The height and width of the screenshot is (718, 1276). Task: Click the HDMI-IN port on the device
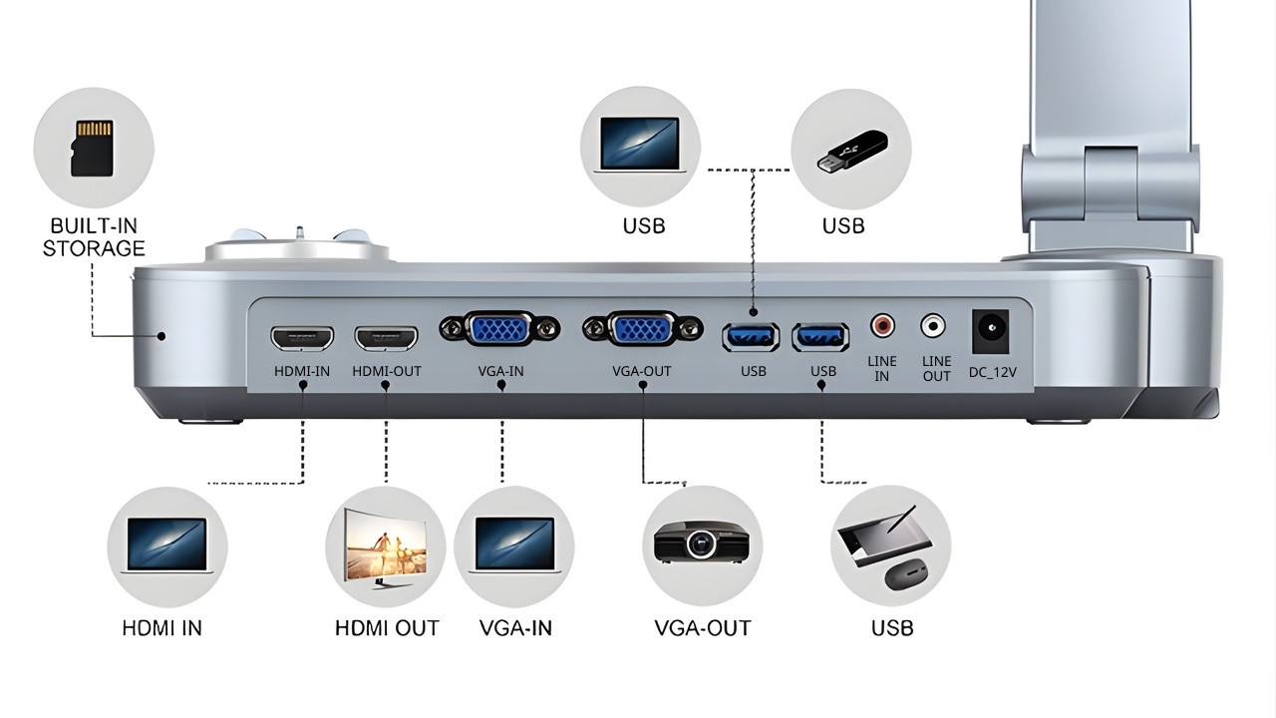[302, 338]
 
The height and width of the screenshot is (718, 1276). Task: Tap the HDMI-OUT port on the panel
[387, 338]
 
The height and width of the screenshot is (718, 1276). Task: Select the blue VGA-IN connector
[500, 330]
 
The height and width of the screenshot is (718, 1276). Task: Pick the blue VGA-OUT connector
[642, 330]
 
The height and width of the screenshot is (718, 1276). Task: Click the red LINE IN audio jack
[882, 325]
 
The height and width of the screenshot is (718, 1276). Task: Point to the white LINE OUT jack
[934, 325]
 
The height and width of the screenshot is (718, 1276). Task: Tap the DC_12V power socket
[990, 330]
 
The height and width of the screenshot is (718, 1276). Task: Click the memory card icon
[93, 148]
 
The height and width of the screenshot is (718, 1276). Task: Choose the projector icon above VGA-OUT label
[701, 543]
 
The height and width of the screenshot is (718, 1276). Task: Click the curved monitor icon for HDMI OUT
[385, 545]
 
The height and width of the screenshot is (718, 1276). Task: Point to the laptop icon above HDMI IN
[167, 544]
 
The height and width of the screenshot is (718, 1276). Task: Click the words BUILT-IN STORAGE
[94, 237]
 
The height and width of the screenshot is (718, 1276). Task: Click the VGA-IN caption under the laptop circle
[515, 628]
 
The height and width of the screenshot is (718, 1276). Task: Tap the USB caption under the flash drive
[843, 226]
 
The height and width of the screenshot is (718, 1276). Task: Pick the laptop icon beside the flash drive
[640, 146]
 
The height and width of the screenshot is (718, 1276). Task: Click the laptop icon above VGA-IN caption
[513, 544]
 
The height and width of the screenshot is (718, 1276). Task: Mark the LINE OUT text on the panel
[936, 368]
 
